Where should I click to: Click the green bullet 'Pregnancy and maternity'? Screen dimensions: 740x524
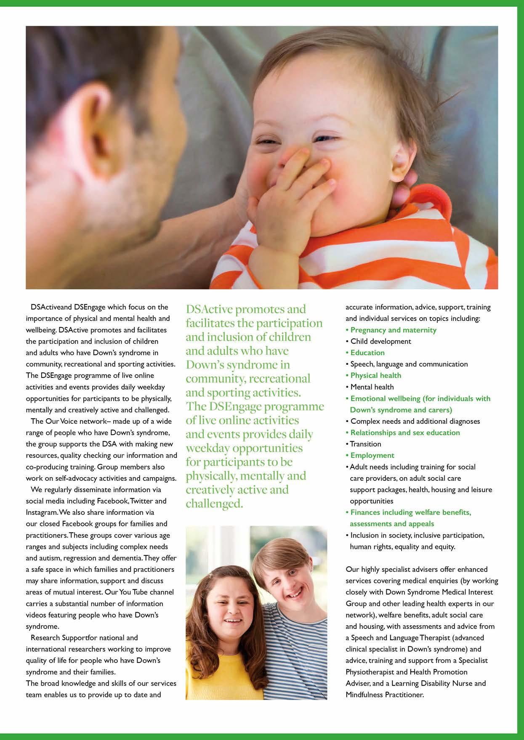pyautogui.click(x=393, y=330)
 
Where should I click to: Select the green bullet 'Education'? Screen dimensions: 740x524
pyautogui.click(x=367, y=353)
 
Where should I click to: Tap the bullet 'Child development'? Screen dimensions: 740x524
pyautogui.click(x=380, y=342)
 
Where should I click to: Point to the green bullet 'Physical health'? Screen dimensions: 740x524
pyautogui.click(x=376, y=376)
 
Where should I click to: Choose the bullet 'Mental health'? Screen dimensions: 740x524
pyautogui.click(x=372, y=387)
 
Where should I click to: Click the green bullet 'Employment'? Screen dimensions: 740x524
pyautogui.click(x=372, y=456)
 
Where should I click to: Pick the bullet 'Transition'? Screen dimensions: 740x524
pyautogui.click(x=365, y=444)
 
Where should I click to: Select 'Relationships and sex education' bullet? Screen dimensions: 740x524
pyautogui.click(x=405, y=433)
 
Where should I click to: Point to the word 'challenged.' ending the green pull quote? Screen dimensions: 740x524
pyautogui.click(x=214, y=504)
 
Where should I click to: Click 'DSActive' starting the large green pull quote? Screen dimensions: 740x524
pyautogui.click(x=209, y=309)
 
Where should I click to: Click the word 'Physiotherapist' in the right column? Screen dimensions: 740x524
pyautogui.click(x=370, y=672)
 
